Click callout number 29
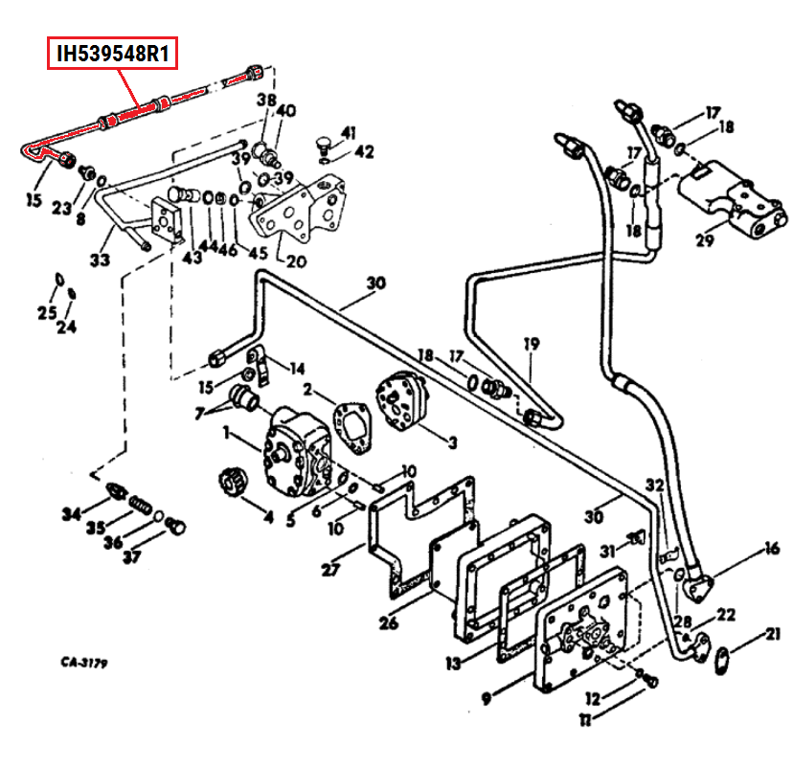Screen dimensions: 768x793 click(x=706, y=240)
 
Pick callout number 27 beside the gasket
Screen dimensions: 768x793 click(x=330, y=571)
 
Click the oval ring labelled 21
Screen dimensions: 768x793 click(x=723, y=658)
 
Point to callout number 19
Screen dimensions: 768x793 click(x=531, y=344)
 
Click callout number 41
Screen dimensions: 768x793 click(x=348, y=132)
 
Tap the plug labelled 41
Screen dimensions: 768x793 click(x=323, y=145)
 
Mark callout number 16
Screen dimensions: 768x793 click(x=771, y=550)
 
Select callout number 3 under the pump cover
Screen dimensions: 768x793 click(x=452, y=442)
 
